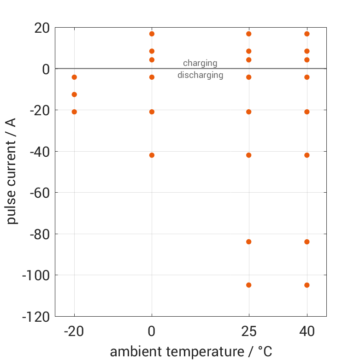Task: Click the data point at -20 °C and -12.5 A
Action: tap(74, 94)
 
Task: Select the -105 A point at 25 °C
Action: tap(249, 285)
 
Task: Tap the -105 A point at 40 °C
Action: tap(307, 285)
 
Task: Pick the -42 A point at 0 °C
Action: tap(152, 155)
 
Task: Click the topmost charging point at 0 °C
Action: tap(152, 34)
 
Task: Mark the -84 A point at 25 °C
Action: tap(249, 242)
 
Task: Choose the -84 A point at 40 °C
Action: tap(307, 242)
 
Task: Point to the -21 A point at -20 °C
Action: tap(74, 112)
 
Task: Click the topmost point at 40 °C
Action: tap(307, 34)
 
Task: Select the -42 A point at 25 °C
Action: tap(249, 155)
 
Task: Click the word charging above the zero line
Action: tap(200, 63)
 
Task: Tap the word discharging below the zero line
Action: tap(200, 75)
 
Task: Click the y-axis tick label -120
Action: tap(35, 317)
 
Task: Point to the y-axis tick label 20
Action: tap(41, 28)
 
